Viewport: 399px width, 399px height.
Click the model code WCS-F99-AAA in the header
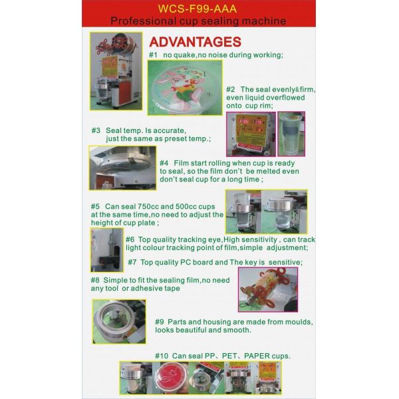click(x=199, y=10)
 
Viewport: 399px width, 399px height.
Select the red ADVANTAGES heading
click(x=195, y=42)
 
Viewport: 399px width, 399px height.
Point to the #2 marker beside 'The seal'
click(x=231, y=90)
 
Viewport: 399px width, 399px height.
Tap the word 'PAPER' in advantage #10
click(x=258, y=356)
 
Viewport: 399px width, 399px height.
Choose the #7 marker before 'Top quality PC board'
click(x=132, y=262)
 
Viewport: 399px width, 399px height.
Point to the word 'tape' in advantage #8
click(x=171, y=289)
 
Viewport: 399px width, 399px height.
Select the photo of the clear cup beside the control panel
click(x=291, y=134)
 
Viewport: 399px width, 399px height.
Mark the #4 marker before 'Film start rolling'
click(x=164, y=163)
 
